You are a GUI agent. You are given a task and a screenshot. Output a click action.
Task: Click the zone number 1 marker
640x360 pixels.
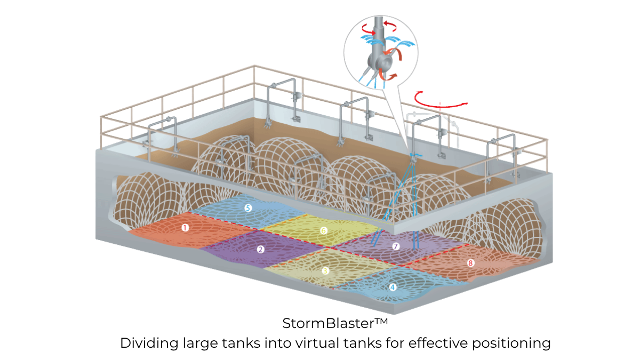[x=185, y=227]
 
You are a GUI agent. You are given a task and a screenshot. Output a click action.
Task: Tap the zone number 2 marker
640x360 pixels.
[x=260, y=249]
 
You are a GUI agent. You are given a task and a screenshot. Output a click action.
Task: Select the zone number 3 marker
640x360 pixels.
[x=325, y=270]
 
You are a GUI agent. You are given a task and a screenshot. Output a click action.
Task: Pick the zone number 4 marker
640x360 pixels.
[x=393, y=286]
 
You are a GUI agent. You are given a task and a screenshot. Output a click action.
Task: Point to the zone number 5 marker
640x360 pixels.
[x=247, y=208]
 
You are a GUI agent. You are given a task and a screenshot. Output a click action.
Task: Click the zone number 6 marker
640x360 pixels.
[x=323, y=230]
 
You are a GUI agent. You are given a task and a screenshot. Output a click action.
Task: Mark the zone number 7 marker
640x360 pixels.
[x=395, y=246]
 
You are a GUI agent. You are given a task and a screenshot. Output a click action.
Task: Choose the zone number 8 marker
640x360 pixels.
[x=470, y=262]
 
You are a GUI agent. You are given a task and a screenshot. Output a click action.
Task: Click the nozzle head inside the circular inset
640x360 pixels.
[x=382, y=59]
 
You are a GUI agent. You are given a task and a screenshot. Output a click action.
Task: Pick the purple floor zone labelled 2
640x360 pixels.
[x=240, y=251]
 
